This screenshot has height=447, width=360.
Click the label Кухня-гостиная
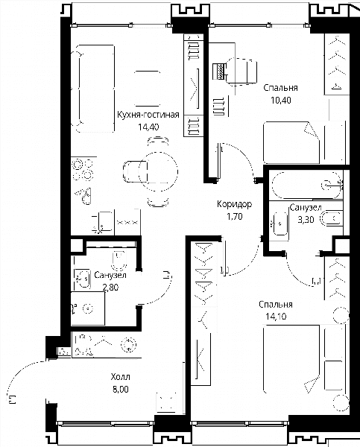(x=148, y=115)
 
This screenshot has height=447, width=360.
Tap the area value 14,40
(x=148, y=127)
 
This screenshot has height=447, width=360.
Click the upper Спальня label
(x=280, y=88)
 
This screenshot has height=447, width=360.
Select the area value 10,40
(x=281, y=101)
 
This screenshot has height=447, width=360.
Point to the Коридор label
(x=235, y=204)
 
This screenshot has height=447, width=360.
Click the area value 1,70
(x=235, y=217)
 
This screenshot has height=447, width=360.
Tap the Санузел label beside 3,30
(x=306, y=208)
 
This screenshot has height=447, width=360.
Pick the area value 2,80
(x=110, y=288)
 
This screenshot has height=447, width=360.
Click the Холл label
(x=121, y=377)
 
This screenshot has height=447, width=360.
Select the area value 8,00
(x=121, y=389)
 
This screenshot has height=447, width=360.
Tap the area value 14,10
(x=276, y=317)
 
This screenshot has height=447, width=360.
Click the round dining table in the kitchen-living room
(x=158, y=171)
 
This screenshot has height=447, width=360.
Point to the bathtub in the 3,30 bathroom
(x=306, y=185)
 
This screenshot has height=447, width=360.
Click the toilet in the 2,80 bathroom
(x=119, y=260)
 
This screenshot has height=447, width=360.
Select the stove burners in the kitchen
(x=83, y=170)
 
